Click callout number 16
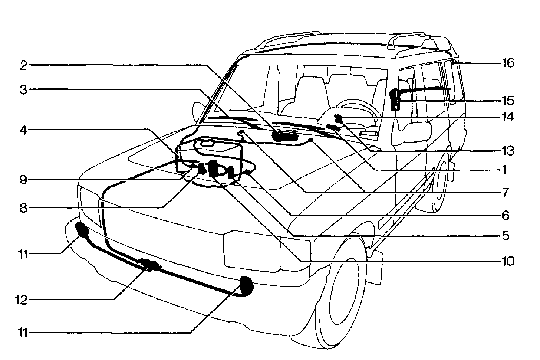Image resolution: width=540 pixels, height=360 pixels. pos(508,63)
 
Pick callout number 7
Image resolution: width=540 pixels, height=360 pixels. pos(504,192)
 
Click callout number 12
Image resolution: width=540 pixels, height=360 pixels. pos(22,300)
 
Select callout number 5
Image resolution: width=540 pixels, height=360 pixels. pos(504,236)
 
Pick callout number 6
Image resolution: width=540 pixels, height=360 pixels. pos(504,215)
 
